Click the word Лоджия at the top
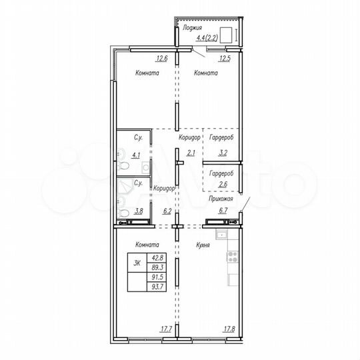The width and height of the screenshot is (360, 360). pyautogui.click(x=193, y=29)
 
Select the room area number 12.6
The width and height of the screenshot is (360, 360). pyautogui.click(x=161, y=59)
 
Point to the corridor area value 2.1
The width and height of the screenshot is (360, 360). pyautogui.click(x=191, y=153)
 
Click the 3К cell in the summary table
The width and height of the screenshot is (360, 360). pyautogui.click(x=138, y=263)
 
